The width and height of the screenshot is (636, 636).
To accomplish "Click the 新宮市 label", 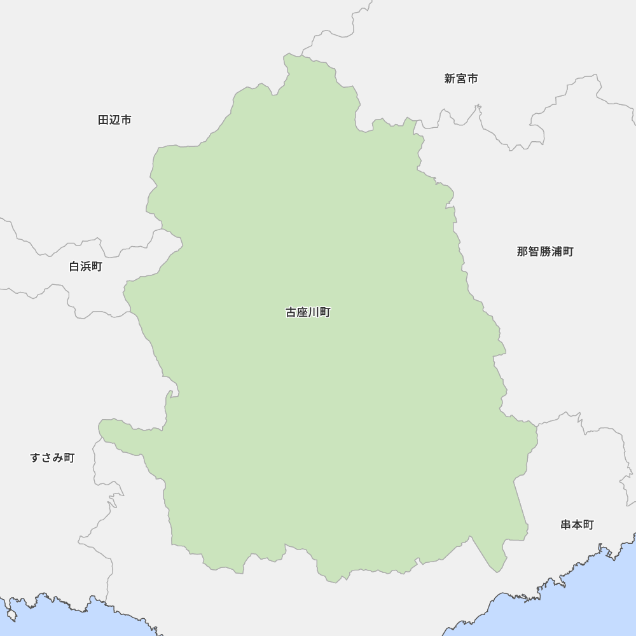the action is (461, 79).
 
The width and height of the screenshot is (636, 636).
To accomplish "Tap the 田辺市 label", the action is (115, 120).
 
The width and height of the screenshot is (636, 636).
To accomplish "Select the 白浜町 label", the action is (86, 266).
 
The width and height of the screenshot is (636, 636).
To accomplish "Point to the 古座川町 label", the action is (308, 312).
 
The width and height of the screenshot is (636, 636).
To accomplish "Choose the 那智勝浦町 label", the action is (545, 252).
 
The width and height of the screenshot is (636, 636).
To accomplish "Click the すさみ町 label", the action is (52, 457).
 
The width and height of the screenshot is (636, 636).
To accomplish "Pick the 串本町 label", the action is (577, 525).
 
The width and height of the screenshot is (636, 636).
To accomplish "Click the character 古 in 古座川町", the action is (291, 312).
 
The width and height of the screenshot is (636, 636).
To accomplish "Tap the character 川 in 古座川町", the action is (314, 312).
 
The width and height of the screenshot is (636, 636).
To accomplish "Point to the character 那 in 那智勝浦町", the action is (523, 252).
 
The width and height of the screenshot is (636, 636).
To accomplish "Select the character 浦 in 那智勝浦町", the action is (556, 252).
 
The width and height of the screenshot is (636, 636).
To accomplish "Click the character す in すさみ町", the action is (36, 457).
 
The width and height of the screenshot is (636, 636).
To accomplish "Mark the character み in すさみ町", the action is (58, 457).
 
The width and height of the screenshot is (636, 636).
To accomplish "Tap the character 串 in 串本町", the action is (566, 525).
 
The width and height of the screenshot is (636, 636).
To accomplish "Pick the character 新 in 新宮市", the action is (450, 79).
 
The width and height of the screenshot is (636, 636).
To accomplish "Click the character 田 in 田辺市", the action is (104, 120).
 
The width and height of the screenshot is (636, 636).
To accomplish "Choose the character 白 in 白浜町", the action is (74, 266).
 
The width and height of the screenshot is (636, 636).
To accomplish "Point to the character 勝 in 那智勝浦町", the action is (545, 252).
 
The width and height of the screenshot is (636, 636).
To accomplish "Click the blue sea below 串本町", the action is (572, 604).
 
